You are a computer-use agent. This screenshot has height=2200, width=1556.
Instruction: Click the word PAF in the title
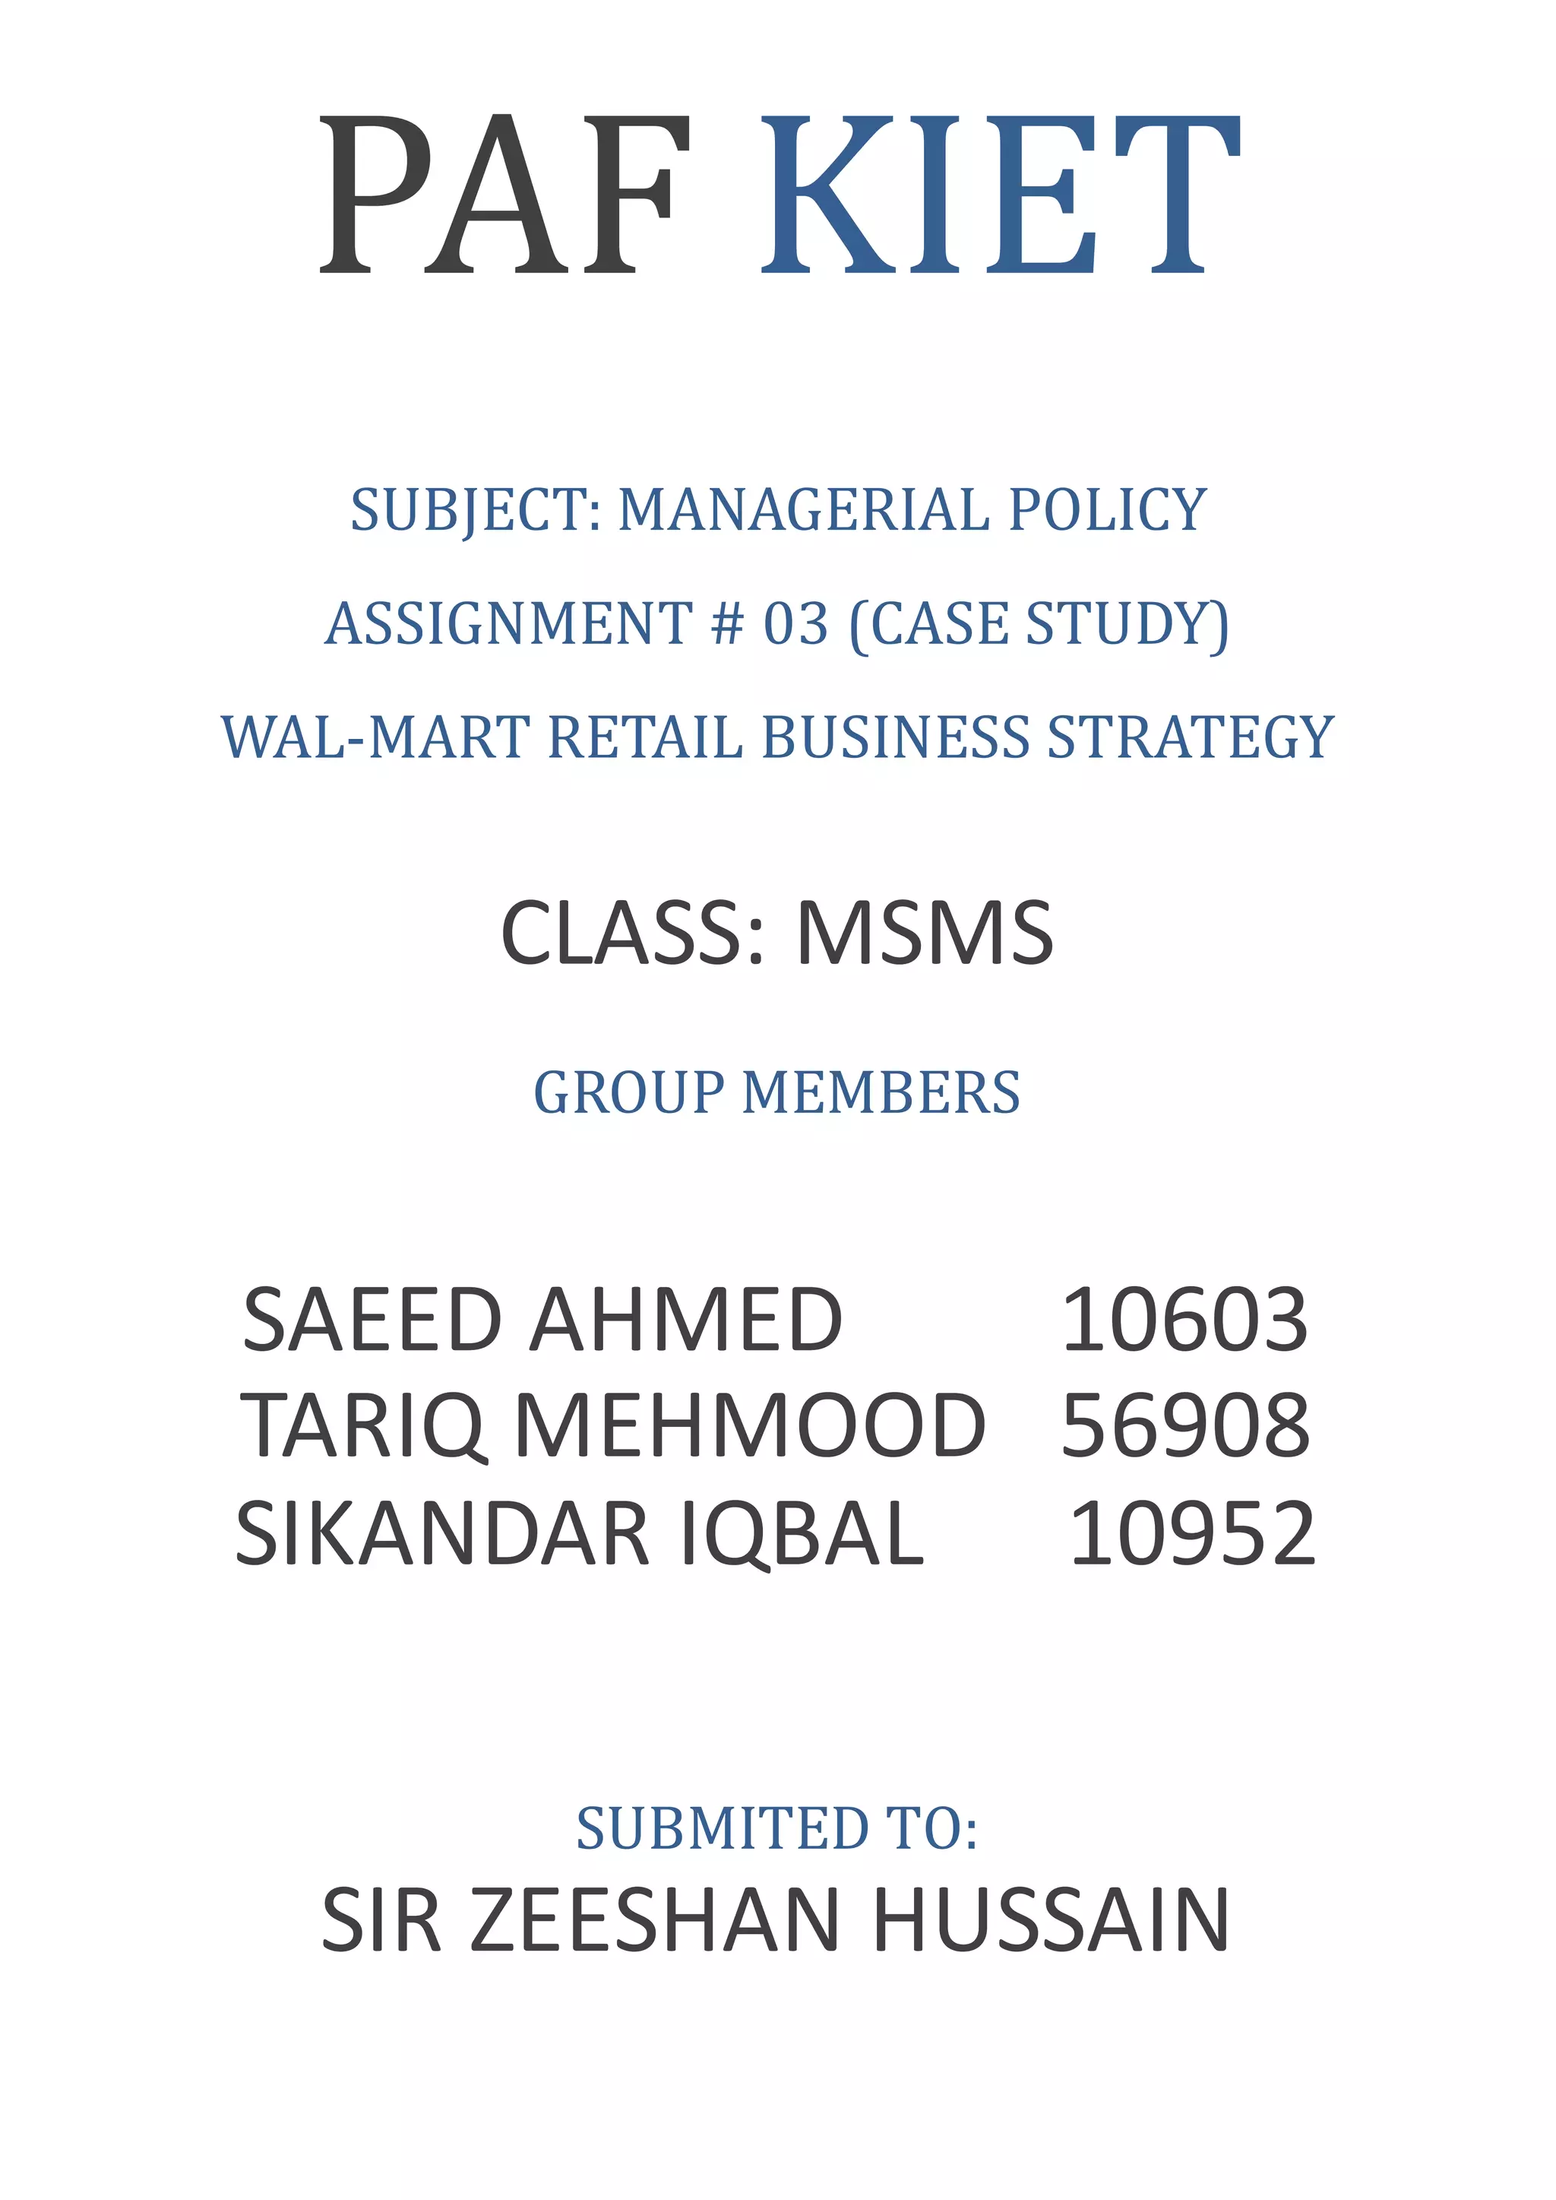click(x=505, y=195)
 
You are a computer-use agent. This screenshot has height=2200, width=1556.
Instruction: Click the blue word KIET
click(x=999, y=195)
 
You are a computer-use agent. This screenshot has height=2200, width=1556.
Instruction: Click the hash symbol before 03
click(x=727, y=624)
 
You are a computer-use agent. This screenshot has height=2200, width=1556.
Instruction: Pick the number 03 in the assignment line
click(x=795, y=624)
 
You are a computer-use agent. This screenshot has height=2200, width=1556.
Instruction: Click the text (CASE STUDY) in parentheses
click(x=1039, y=624)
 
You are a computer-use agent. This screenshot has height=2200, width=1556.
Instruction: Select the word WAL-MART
click(x=375, y=737)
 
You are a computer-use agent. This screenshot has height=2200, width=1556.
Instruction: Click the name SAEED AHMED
click(x=542, y=1321)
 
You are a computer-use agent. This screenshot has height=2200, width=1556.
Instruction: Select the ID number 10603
click(x=1184, y=1321)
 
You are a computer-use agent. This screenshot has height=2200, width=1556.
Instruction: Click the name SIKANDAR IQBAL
click(x=580, y=1534)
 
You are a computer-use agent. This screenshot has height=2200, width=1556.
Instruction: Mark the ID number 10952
click(x=1192, y=1534)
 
